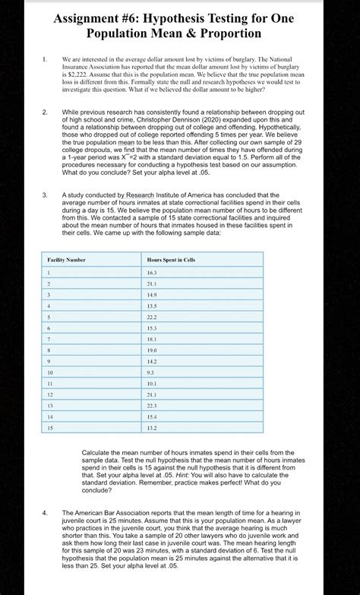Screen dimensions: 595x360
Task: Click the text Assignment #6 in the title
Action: (x=101, y=17)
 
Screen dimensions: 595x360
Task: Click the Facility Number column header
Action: (x=67, y=260)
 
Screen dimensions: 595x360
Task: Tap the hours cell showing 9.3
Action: (x=151, y=373)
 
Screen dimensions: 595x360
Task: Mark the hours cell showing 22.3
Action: (x=152, y=406)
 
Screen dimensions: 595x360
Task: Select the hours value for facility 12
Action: (x=152, y=395)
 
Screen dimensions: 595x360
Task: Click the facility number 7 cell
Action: (x=49, y=339)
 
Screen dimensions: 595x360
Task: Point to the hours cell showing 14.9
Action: (x=152, y=294)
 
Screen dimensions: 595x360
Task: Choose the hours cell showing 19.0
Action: (x=152, y=350)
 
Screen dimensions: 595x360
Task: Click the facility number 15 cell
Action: (x=50, y=429)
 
